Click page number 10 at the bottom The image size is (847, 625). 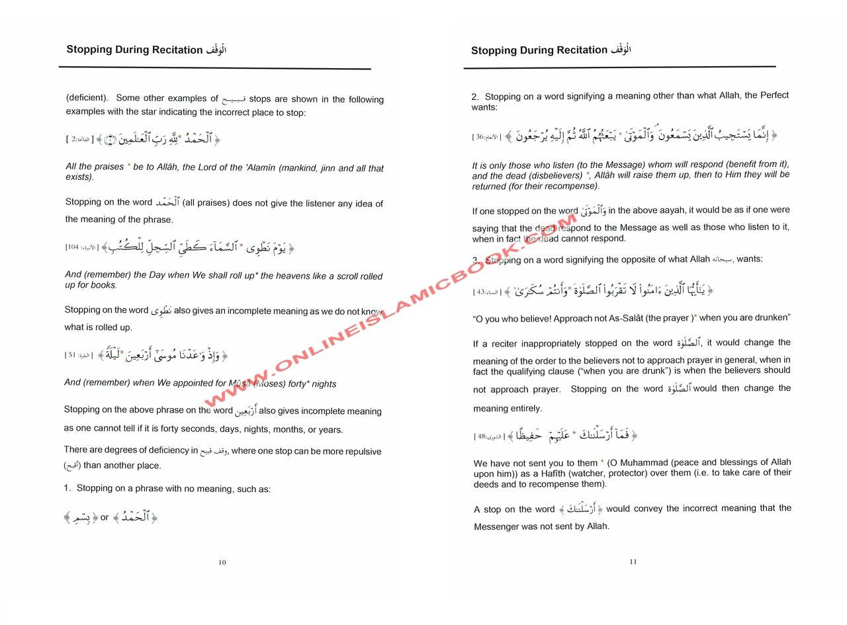tap(222, 563)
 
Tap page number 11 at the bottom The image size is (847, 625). tap(633, 562)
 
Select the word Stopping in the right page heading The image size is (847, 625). tap(493, 50)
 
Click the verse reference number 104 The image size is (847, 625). tap(72, 247)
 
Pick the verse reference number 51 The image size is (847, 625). tap(72, 355)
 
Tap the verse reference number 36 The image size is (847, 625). tap(480, 137)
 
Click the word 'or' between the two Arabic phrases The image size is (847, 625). tap(105, 517)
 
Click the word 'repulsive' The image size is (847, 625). tap(361, 452)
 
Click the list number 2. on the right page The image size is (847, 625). tap(475, 97)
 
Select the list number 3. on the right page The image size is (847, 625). tap(476, 261)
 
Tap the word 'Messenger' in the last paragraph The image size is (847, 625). tap(498, 526)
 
